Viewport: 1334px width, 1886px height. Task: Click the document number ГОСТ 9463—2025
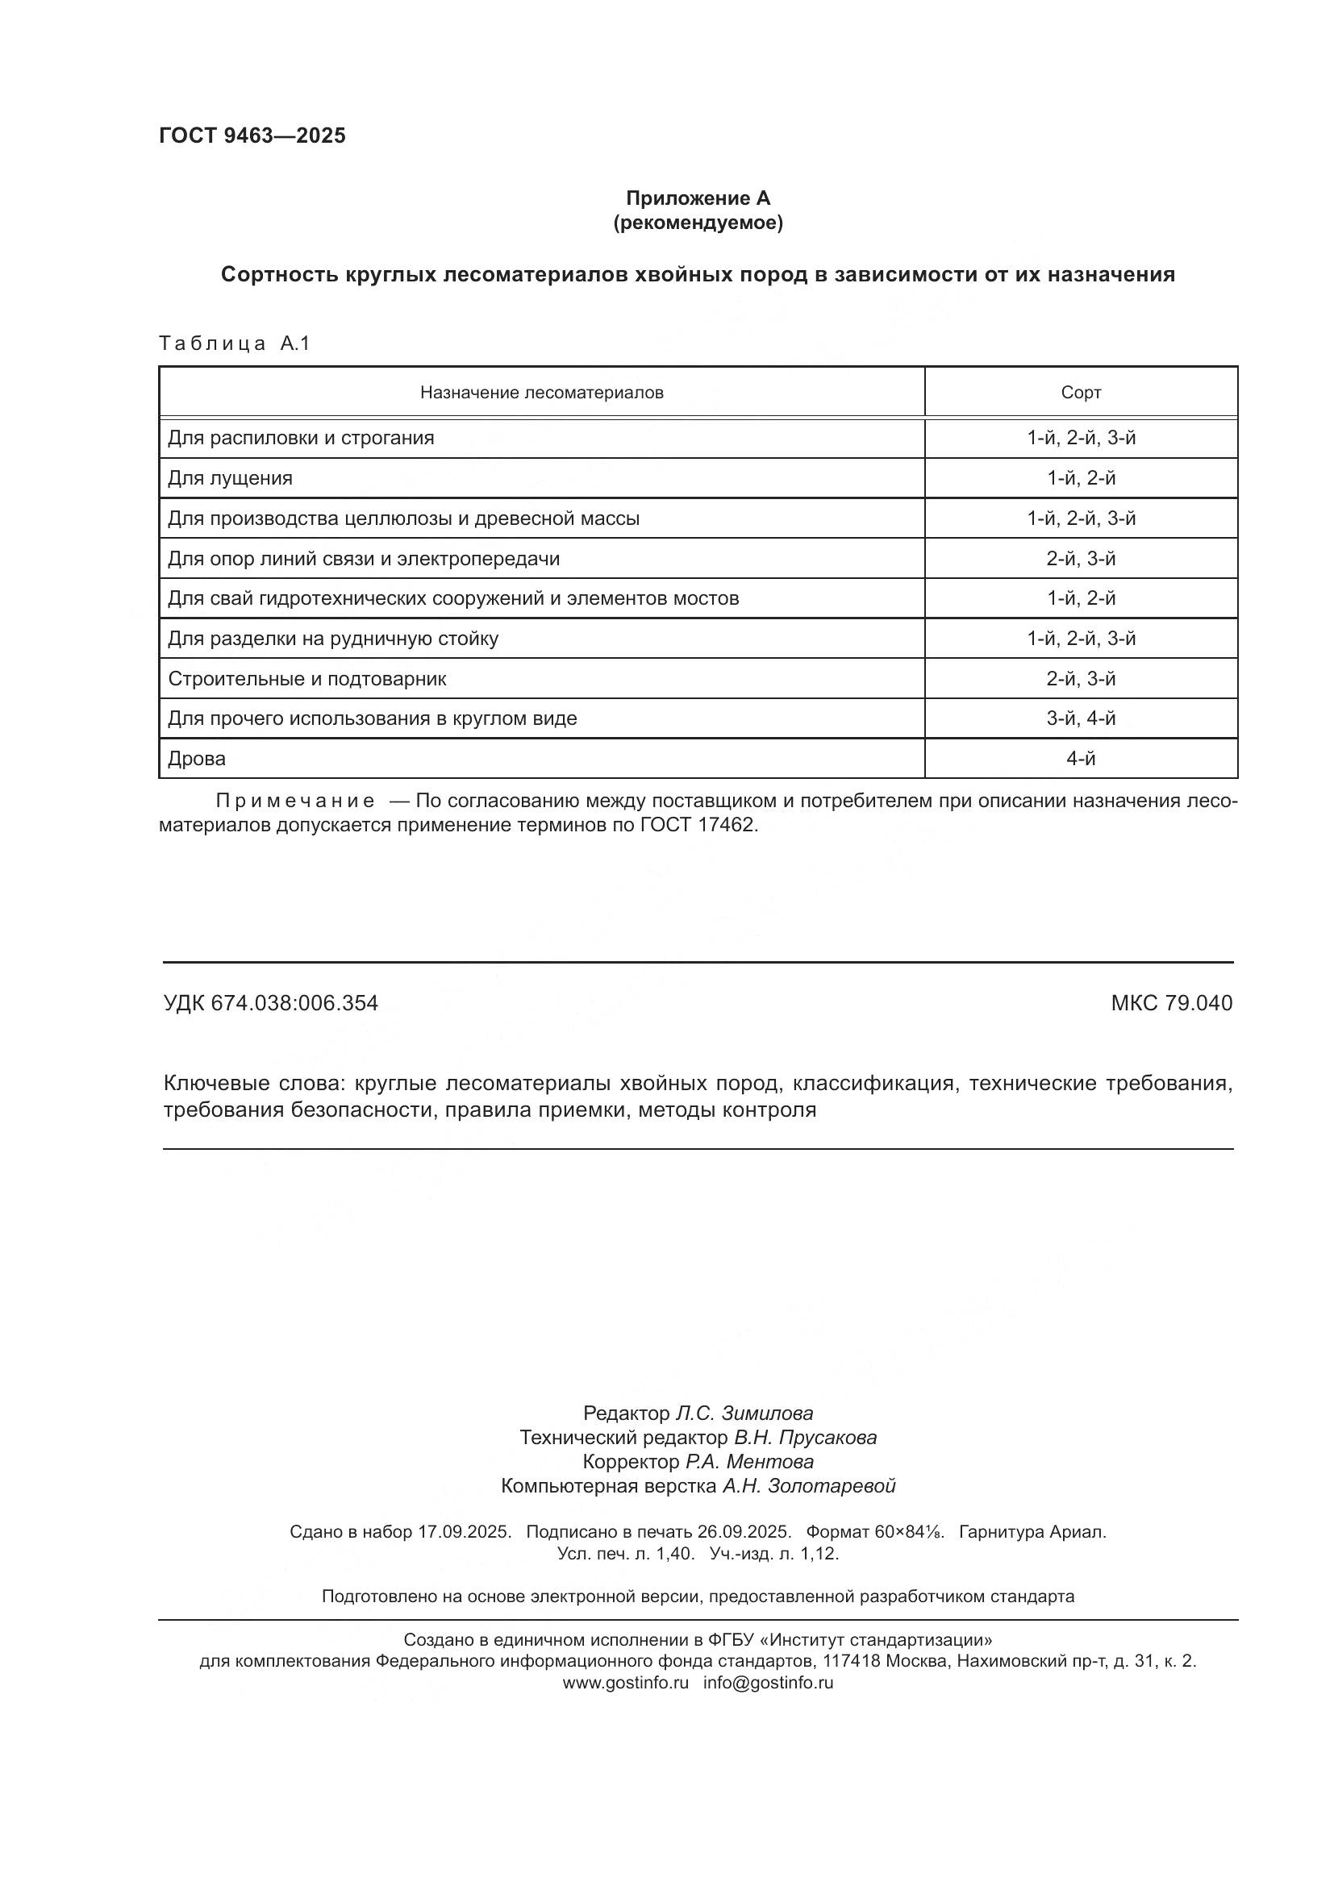(252, 136)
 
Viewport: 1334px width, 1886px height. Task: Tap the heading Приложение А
(698, 198)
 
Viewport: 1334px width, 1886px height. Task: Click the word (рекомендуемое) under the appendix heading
(698, 223)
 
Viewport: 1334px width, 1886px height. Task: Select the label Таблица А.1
(234, 343)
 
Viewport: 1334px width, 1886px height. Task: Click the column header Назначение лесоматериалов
(541, 393)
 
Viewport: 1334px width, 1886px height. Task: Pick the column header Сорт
(1080, 393)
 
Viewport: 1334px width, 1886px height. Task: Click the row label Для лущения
(230, 478)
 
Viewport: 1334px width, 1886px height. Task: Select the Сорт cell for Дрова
(1080, 759)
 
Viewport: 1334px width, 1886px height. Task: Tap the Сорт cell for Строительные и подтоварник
(1080, 679)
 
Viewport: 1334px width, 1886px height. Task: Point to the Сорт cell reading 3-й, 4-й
(1080, 718)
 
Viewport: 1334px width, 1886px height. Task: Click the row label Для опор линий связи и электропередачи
(363, 560)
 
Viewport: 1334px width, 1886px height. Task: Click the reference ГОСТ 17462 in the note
(697, 825)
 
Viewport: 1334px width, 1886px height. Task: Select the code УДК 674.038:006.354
(270, 1003)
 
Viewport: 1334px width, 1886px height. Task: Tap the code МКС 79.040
(1171, 1003)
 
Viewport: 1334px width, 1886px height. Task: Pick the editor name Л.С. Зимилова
(744, 1413)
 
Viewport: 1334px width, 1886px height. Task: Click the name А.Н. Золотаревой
(808, 1486)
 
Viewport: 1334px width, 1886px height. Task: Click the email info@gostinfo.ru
(768, 1682)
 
